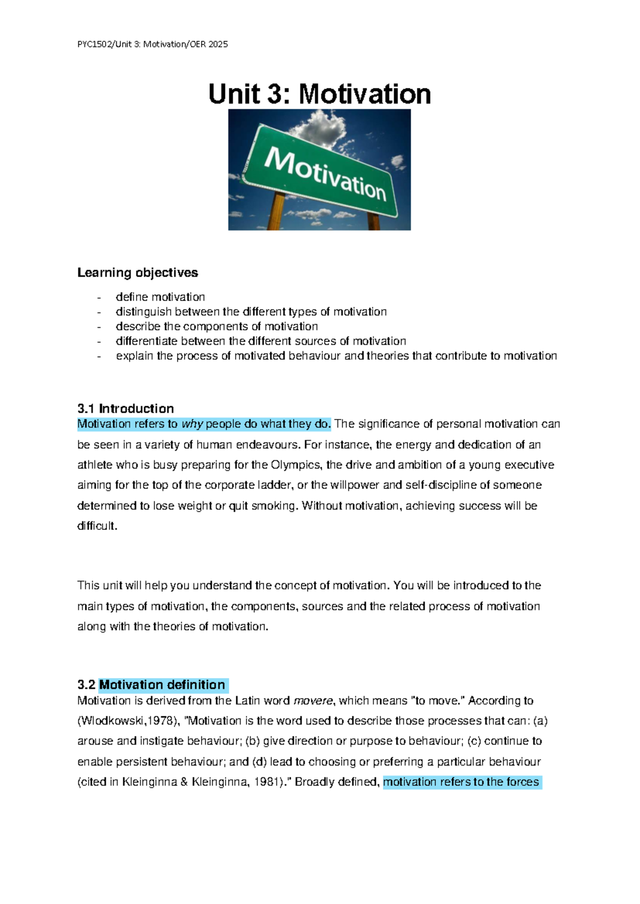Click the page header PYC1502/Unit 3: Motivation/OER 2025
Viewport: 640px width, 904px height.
click(153, 44)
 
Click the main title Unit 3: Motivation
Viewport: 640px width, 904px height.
click(319, 94)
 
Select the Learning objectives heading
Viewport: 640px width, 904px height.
click(138, 272)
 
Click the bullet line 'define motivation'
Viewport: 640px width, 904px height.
click(160, 297)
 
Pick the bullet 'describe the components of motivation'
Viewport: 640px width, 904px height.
click(217, 326)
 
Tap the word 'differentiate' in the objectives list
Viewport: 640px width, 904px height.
click(147, 341)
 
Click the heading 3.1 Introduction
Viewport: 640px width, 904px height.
click(125, 409)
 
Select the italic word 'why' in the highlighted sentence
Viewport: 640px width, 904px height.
click(192, 424)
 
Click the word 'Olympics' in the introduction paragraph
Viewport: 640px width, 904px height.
click(296, 465)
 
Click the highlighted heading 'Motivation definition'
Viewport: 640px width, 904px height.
click(162, 685)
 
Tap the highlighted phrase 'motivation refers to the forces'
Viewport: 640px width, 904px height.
click(461, 782)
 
